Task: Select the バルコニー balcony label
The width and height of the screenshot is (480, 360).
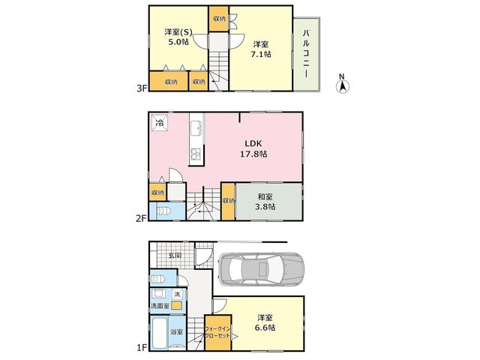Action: click(x=306, y=53)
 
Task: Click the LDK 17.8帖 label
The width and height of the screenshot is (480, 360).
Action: click(x=253, y=148)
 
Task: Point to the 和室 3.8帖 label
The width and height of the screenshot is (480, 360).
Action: click(x=265, y=202)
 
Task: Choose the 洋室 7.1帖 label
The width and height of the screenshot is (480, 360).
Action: click(x=261, y=49)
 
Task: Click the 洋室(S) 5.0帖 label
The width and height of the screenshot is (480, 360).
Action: click(x=178, y=37)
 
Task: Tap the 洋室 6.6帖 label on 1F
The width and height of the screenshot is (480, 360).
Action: click(x=265, y=322)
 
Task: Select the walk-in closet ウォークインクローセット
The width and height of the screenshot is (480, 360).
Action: click(x=217, y=333)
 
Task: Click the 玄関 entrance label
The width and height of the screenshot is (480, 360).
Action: click(x=175, y=255)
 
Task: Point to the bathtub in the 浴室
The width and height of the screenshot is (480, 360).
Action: click(x=160, y=333)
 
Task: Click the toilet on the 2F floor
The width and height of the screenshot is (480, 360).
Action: click(x=164, y=211)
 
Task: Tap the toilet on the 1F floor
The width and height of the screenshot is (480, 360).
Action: click(x=158, y=279)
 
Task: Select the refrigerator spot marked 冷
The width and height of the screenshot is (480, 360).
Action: click(x=160, y=123)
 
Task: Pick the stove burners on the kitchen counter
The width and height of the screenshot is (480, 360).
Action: click(x=196, y=154)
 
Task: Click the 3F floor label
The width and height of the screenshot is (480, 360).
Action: click(x=142, y=88)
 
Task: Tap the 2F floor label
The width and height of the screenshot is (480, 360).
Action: click(x=142, y=218)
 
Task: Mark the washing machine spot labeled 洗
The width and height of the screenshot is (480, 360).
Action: click(x=177, y=295)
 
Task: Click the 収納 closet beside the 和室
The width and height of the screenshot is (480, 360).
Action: click(x=228, y=202)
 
